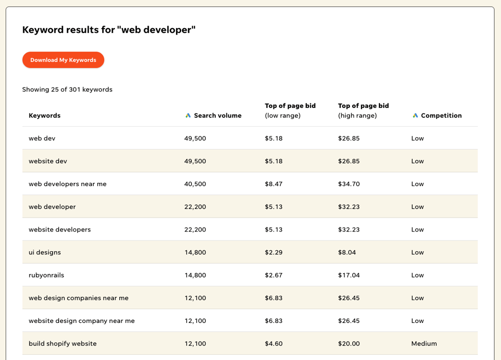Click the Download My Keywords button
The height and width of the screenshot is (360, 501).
pyautogui.click(x=63, y=60)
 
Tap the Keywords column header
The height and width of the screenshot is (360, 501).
pyautogui.click(x=45, y=116)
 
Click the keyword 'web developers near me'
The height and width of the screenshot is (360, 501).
pyautogui.click(x=68, y=184)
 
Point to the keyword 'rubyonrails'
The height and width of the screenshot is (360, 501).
pyautogui.click(x=46, y=275)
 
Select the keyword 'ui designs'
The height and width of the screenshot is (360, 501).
pyautogui.click(x=45, y=253)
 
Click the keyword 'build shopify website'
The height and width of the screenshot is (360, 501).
pyautogui.click(x=62, y=344)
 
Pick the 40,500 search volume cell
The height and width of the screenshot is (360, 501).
pyautogui.click(x=195, y=184)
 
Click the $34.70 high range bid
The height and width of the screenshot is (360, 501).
pyautogui.click(x=349, y=184)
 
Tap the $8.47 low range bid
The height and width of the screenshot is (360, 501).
pyautogui.click(x=273, y=184)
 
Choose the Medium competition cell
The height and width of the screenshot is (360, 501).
pyautogui.click(x=424, y=344)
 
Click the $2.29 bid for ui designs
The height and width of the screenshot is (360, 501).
pyautogui.click(x=273, y=253)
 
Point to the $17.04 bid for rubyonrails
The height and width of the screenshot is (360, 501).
pyautogui.click(x=349, y=275)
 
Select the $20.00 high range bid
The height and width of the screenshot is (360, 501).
pyautogui.click(x=349, y=344)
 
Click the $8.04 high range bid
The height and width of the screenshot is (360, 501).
pyautogui.click(x=347, y=253)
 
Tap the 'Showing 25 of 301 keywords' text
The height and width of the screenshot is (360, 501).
pyautogui.click(x=67, y=90)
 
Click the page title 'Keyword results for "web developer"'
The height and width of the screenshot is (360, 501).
pyautogui.click(x=109, y=30)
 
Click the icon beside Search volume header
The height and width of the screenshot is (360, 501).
pyautogui.click(x=188, y=116)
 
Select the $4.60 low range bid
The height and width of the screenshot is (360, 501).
pyautogui.click(x=273, y=344)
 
